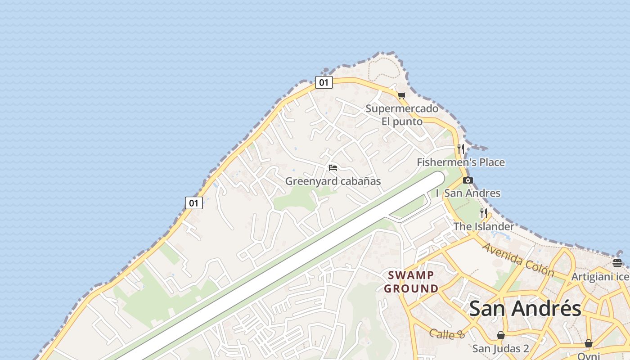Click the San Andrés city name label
[525, 309]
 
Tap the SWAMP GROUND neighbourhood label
[411, 282]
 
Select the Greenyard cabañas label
[333, 181]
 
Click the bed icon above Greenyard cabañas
[333, 168]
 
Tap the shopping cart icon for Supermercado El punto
[401, 95]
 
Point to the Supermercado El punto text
[402, 115]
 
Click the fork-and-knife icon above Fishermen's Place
[460, 148]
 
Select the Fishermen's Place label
[461, 162]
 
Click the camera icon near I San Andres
[468, 180]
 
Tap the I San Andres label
[468, 193]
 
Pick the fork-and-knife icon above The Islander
[484, 213]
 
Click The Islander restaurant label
[484, 226]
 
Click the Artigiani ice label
[600, 277]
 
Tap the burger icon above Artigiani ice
[617, 263]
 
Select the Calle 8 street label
[447, 334]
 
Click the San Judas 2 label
[500, 348]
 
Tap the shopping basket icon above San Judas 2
[500, 335]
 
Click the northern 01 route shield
[324, 82]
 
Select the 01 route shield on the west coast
[194, 203]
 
